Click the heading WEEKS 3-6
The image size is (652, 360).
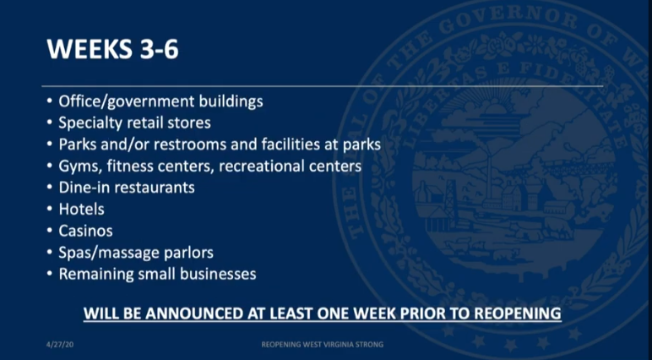pos(112,48)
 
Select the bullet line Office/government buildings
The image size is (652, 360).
pos(160,101)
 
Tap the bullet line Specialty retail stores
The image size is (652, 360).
pos(134,123)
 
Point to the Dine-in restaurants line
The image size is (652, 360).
pos(127,188)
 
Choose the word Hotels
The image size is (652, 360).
pos(81,209)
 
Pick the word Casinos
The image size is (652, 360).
pos(85,231)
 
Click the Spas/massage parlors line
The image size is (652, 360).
pos(136,253)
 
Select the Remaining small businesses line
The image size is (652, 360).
pos(157,275)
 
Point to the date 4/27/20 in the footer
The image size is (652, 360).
pos(60,345)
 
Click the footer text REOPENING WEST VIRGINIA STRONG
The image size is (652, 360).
pos(323,345)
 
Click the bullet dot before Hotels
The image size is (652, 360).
pos(50,209)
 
